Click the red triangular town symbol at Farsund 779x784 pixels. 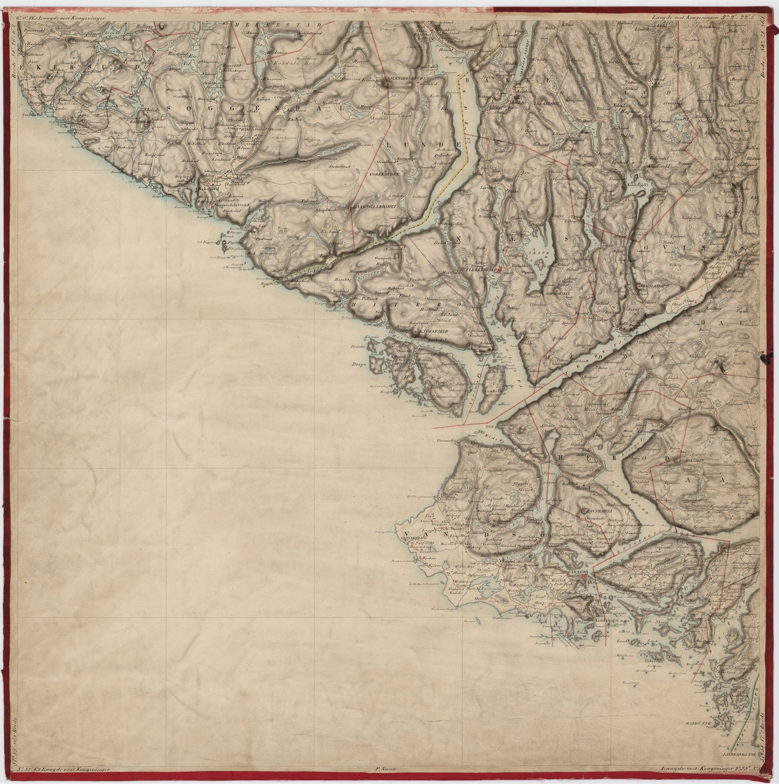point(583,578)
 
